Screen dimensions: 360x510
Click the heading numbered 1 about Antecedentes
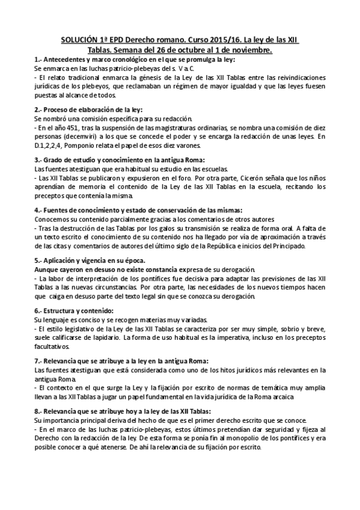pos(135,60)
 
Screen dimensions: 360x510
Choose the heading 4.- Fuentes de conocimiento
pos(139,210)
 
